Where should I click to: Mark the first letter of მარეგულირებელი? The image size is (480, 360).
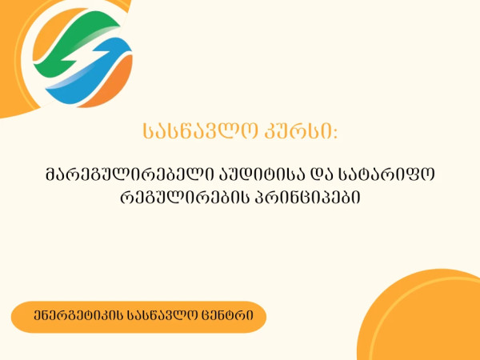52,172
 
